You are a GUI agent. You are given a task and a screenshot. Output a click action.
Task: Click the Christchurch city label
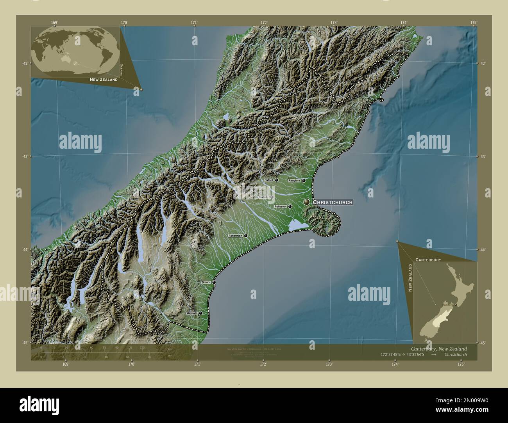pyautogui.click(x=333, y=202)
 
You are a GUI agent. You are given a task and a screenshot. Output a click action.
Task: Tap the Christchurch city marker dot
pyautogui.click(x=307, y=202)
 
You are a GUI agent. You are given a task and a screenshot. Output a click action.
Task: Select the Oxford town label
pyautogui.click(x=268, y=180)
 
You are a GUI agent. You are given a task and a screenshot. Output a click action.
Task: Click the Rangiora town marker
pyautogui.click(x=303, y=181)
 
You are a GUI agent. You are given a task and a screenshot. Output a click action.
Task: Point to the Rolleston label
pyautogui.click(x=281, y=206)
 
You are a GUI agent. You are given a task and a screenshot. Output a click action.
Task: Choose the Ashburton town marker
pyautogui.click(x=246, y=236)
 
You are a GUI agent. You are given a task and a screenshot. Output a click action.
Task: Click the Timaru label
pyautogui.click(x=206, y=282)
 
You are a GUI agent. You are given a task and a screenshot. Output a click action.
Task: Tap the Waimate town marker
pyautogui.click(x=200, y=313)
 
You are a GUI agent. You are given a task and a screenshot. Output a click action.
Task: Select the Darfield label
pyautogui.click(x=264, y=197)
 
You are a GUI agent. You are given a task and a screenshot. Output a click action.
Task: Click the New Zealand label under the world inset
pyautogui.click(x=104, y=80)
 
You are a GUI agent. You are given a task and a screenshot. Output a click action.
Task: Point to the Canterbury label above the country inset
pyautogui.click(x=428, y=259)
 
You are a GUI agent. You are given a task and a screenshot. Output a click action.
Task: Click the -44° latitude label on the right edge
pyautogui.click(x=483, y=249)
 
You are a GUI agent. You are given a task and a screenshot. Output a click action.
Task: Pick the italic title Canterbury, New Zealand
pyautogui.click(x=439, y=348)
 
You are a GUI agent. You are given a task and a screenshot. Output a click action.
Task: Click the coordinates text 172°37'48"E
pyautogui.click(x=395, y=354)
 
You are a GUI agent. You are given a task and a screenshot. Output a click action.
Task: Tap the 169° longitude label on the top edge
pyautogui.click(x=54, y=23)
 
